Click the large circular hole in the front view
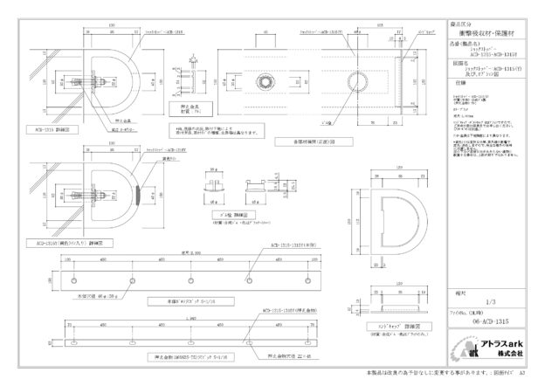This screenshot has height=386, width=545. coord(357,81)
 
